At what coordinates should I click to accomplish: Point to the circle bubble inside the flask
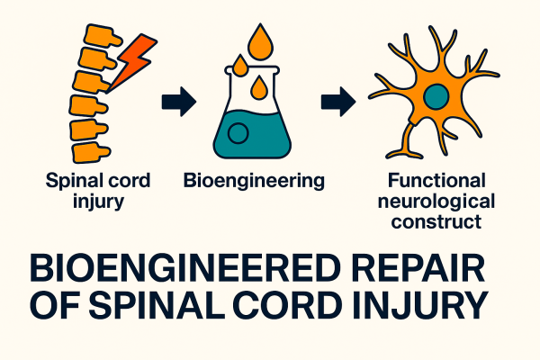[x=238, y=134]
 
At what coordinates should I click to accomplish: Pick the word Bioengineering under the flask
[x=253, y=181]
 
